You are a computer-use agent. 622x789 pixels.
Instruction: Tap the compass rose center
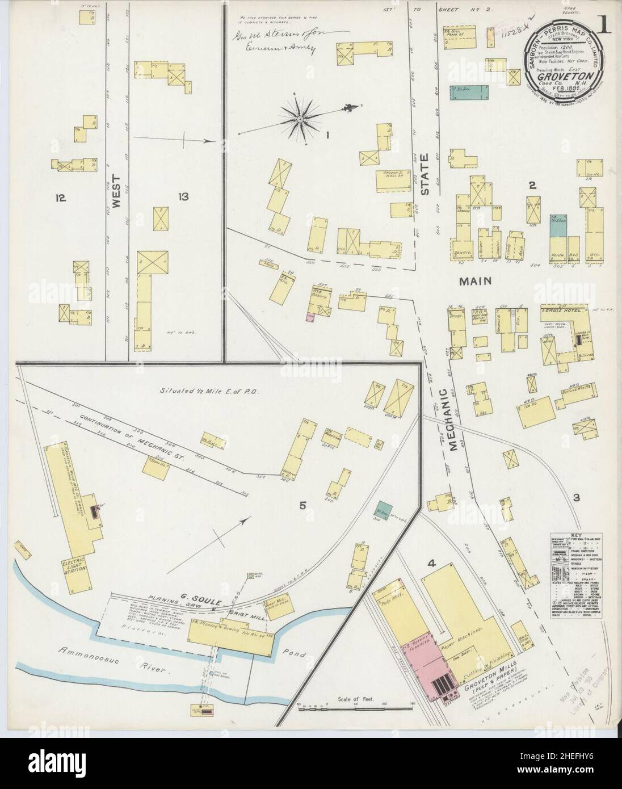pyautogui.click(x=299, y=119)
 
